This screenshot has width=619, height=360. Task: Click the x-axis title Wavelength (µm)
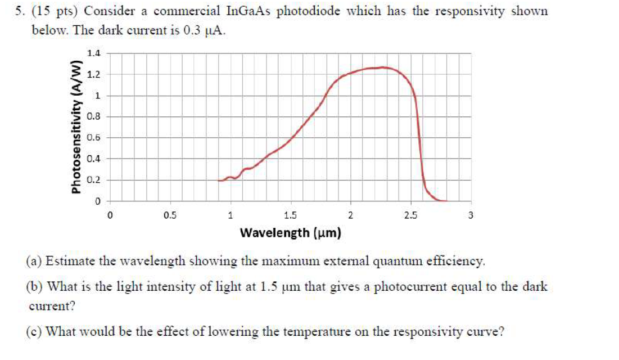(x=290, y=232)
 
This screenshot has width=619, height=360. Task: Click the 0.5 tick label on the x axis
(x=170, y=215)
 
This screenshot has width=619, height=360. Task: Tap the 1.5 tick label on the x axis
(x=290, y=215)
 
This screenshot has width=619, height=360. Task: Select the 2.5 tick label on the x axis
(x=410, y=215)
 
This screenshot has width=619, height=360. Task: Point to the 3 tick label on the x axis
(x=471, y=215)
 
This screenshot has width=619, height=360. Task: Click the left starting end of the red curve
(x=219, y=181)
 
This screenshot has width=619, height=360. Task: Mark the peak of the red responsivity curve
(x=382, y=67)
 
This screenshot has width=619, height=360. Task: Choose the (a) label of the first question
(x=34, y=262)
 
